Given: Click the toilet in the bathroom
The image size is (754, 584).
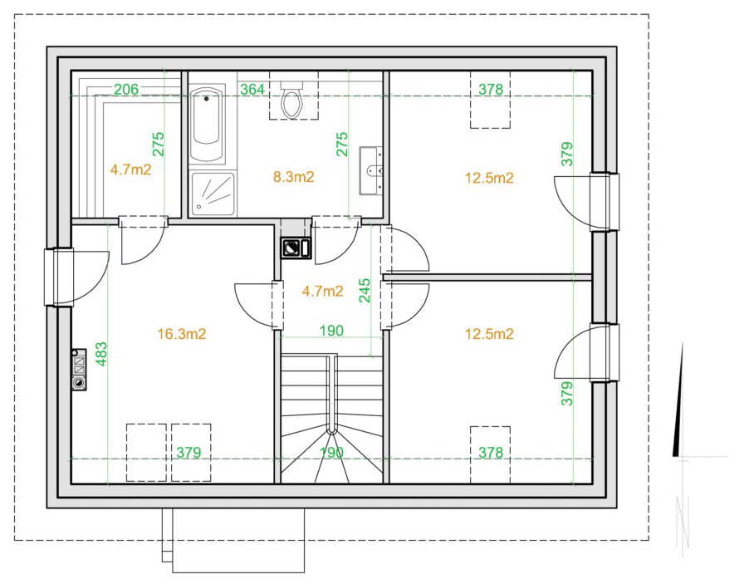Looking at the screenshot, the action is (292, 100).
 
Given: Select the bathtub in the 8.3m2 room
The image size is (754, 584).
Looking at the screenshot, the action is (207, 125).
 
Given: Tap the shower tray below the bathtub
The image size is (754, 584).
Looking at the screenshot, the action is (212, 194).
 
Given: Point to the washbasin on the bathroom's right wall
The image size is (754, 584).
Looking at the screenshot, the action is (370, 171).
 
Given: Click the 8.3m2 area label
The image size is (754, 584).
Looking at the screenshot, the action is (293, 177).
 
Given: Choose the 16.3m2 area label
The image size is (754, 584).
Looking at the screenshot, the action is (181, 334).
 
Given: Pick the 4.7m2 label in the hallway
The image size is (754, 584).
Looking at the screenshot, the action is (323, 291).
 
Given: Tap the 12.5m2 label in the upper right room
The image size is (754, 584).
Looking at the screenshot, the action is (489, 178).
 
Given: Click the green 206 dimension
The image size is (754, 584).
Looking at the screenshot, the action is (126, 89).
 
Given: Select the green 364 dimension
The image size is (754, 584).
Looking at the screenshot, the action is (252, 89).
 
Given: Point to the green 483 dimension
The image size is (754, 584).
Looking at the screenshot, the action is (101, 354).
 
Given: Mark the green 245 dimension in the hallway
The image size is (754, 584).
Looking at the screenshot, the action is (365, 291).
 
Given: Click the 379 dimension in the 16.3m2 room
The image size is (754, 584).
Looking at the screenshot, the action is (188, 452).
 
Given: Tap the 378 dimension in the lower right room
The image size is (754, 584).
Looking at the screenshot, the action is (491, 452).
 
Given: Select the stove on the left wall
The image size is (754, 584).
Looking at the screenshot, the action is (80, 370).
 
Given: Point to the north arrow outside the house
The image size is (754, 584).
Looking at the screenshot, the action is (678, 400).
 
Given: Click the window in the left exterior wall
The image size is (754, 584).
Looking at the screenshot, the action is (58, 277).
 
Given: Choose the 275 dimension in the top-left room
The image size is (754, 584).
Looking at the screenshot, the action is (158, 144).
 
